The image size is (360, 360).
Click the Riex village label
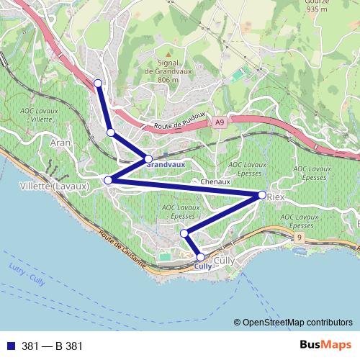(276, 196)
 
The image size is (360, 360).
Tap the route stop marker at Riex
(261, 194)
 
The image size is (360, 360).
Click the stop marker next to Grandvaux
(148, 158)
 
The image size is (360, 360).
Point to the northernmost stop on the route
(98, 84)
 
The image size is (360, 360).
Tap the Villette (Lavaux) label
(50, 186)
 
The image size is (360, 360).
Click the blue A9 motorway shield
(219, 124)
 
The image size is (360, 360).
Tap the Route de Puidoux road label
(180, 122)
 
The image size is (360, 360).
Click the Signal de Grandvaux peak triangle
(167, 53)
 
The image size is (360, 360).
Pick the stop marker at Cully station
(200, 256)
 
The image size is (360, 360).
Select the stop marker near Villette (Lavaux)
(108, 179)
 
